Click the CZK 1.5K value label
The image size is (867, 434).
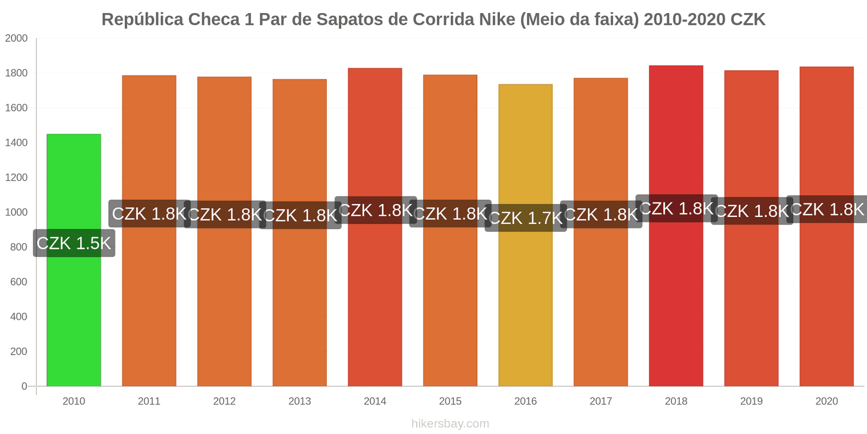pos(74,243)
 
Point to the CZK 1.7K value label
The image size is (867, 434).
pos(526,218)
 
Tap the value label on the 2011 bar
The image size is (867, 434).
pos(149,214)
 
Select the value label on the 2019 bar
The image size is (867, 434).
pos(752,211)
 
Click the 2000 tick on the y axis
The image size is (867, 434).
pos(16,39)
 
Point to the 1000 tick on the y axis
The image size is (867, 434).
pos(16,212)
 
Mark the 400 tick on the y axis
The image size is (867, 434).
pos(18,317)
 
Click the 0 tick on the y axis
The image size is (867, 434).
pos(24,386)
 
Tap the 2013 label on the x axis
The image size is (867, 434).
pos(300,401)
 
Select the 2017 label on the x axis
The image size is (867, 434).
pos(600,401)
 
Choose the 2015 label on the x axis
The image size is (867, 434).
pos(450,401)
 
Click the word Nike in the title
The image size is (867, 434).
pos(497,20)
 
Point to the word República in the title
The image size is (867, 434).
pos(143,20)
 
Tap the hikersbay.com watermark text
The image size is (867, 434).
pos(450,424)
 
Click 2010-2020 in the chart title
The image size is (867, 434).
pos(684,20)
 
